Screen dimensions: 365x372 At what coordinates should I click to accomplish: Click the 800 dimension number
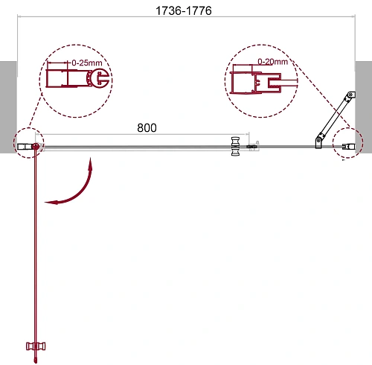[x=147, y=127]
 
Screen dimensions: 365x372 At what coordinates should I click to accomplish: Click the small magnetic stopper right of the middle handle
[x=252, y=147]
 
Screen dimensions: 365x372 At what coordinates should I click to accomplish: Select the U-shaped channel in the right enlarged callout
[x=257, y=80]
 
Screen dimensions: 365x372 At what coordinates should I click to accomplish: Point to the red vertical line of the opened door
[x=35, y=246]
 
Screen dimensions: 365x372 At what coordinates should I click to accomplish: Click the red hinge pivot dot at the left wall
[x=34, y=147]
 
